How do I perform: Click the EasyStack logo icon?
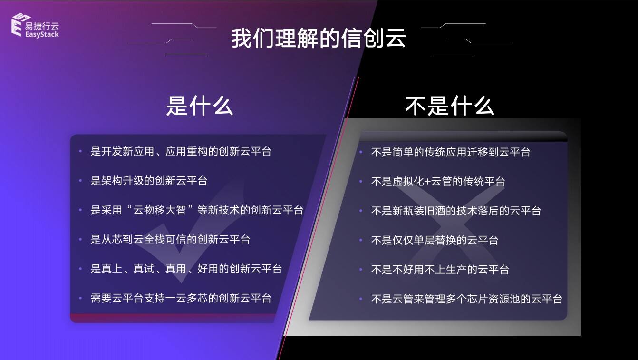[x=20, y=25]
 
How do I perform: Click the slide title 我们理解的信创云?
[x=319, y=38]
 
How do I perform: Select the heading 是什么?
[x=199, y=106]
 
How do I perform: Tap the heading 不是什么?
[x=449, y=106]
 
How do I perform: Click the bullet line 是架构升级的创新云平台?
[x=149, y=181]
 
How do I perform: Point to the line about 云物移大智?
[x=197, y=210]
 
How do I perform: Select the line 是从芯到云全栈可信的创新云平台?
[x=170, y=240]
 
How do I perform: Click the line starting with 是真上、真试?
[x=186, y=269]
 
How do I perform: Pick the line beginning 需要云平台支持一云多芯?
[x=181, y=298]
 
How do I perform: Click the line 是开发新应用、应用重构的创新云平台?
[x=181, y=151]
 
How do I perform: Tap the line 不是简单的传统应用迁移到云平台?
[x=451, y=152]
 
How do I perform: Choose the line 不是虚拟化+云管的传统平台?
[x=438, y=181]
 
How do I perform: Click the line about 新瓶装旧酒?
[x=456, y=211]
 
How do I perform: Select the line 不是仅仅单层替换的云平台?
[x=435, y=240]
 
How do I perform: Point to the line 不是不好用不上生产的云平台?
[x=440, y=270]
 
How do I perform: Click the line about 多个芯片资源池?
[x=466, y=299]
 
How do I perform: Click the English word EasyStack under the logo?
[x=42, y=35]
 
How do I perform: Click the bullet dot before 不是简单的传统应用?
[x=361, y=152]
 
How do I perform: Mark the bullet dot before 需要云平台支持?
[x=80, y=298]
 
